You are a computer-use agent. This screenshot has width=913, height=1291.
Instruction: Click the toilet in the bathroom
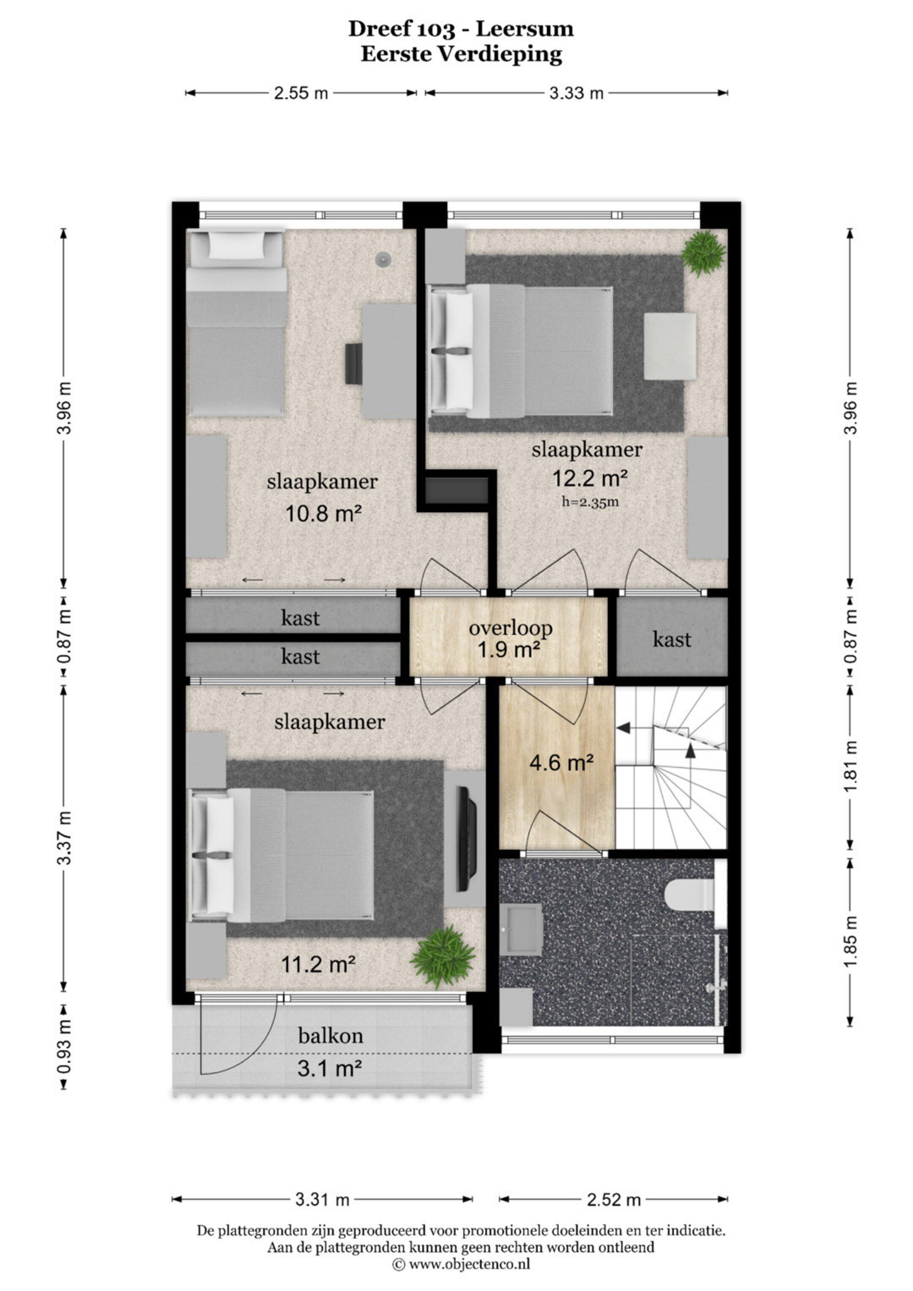(690, 894)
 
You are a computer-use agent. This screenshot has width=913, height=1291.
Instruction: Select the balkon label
(331, 1035)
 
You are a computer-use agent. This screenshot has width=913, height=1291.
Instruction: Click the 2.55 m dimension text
(301, 93)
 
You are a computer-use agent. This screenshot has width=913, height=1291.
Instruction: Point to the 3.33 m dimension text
(576, 93)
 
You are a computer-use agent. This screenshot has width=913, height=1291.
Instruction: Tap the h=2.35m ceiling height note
(590, 501)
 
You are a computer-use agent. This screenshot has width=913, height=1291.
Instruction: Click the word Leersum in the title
(525, 29)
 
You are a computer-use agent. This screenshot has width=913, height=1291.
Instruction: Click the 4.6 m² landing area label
(562, 763)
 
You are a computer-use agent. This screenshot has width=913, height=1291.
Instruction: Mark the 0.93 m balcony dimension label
(65, 1046)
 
